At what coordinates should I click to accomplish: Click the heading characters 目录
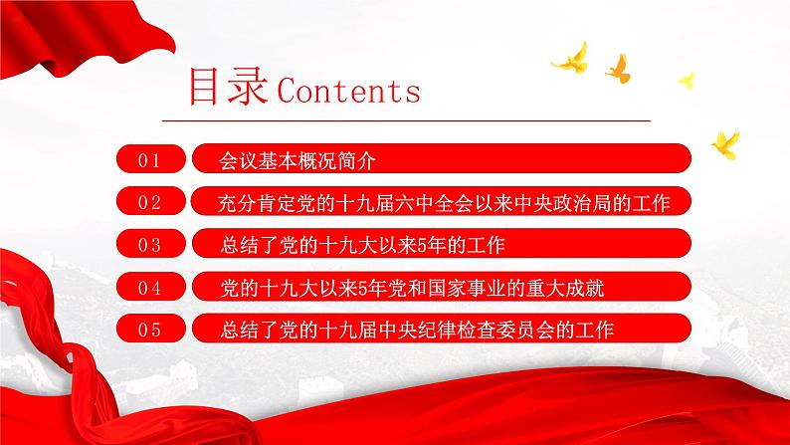pos(221,89)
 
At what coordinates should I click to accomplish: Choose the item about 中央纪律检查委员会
pos(415,329)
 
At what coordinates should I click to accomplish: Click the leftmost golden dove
pos(571,59)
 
